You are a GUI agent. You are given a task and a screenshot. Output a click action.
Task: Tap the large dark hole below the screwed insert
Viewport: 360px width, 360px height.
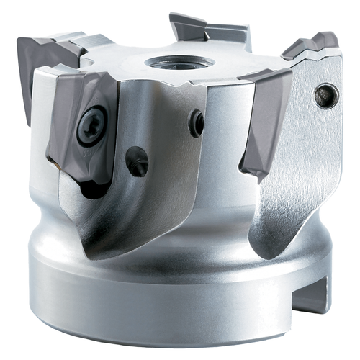click(x=137, y=161)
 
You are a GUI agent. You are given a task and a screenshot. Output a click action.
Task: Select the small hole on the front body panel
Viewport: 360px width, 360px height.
click(x=196, y=123)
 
